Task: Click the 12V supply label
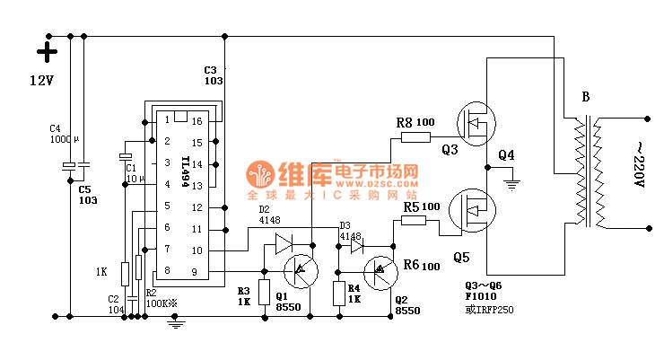42,80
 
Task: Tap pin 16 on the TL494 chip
196,120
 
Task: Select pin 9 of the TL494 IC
196,271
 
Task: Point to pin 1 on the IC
166,120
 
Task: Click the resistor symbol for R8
415,137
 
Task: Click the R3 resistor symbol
265,293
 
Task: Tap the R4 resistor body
339,294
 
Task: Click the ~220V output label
640,164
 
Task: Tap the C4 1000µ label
65,134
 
